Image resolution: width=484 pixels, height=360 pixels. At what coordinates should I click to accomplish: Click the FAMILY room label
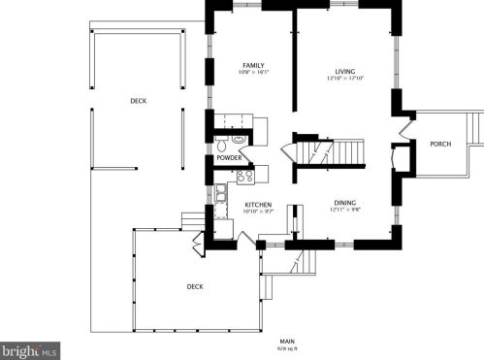tap(252, 64)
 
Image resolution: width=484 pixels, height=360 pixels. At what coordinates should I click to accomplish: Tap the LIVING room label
tap(344, 72)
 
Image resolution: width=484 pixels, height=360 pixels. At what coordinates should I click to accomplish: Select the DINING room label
tap(344, 203)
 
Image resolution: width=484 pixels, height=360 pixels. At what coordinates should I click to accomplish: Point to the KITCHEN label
tap(257, 205)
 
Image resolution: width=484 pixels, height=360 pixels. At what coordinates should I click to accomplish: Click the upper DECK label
tap(140, 100)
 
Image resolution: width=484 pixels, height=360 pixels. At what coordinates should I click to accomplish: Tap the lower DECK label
tap(194, 286)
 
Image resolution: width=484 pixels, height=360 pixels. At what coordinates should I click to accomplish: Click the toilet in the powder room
tap(222, 141)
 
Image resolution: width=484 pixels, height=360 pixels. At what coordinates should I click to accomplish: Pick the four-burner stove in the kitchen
tap(244, 177)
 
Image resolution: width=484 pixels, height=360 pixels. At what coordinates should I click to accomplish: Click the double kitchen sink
tap(221, 197)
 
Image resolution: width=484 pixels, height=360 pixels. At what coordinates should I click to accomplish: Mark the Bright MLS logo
tap(30, 350)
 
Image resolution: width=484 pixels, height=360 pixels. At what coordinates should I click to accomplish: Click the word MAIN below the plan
tap(287, 342)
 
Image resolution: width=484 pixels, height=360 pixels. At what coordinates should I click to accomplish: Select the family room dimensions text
tap(252, 72)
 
